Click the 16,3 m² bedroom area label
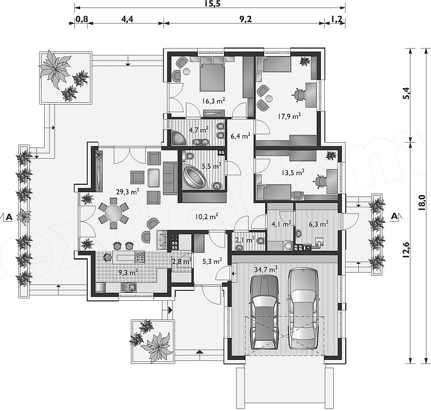(214, 101)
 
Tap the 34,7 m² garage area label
(266, 269)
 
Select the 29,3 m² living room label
(127, 191)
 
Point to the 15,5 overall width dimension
(212, 4)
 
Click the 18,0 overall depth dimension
(421, 203)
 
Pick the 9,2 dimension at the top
(246, 19)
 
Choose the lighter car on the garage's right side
(303, 308)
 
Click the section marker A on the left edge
(9, 217)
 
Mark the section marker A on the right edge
(394, 216)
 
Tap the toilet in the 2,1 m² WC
(260, 241)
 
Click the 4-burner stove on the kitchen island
(140, 257)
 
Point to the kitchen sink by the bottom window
(129, 287)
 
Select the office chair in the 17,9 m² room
(299, 95)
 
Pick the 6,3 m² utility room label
(319, 224)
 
